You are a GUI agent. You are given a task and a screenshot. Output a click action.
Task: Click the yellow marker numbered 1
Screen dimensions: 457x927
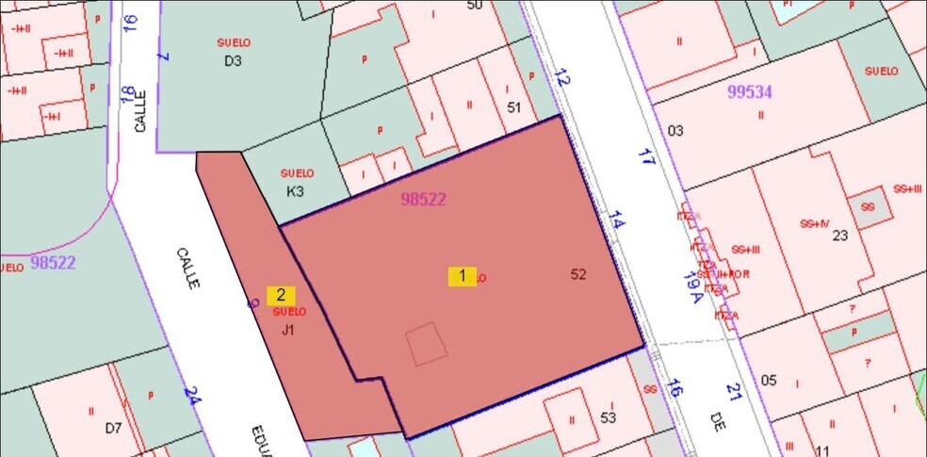click(462, 276)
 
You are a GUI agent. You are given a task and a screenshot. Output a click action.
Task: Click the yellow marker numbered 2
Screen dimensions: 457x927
click(281, 295)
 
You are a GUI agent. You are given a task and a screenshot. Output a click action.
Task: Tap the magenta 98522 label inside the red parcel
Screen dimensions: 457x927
click(423, 199)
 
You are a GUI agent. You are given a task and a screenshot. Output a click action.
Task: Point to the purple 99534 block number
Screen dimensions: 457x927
click(750, 92)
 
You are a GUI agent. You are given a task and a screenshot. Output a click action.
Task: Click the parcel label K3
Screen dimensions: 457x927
click(296, 191)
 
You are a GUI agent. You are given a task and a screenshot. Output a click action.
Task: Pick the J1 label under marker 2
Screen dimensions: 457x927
click(288, 330)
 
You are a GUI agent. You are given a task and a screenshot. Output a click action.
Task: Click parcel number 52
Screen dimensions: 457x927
click(578, 274)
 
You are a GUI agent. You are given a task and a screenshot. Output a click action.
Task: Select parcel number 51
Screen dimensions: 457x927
click(513, 107)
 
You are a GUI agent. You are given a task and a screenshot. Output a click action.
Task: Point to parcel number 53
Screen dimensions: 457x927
click(608, 417)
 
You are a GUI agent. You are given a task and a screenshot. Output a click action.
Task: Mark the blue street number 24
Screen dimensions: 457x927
click(192, 396)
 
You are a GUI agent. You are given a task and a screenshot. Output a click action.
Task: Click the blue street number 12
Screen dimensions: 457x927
click(562, 78)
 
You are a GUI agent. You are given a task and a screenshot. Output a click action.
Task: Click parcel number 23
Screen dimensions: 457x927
click(841, 236)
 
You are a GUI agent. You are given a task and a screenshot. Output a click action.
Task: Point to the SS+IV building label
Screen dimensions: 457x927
click(813, 223)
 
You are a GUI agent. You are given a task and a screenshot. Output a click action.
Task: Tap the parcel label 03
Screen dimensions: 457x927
click(675, 130)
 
